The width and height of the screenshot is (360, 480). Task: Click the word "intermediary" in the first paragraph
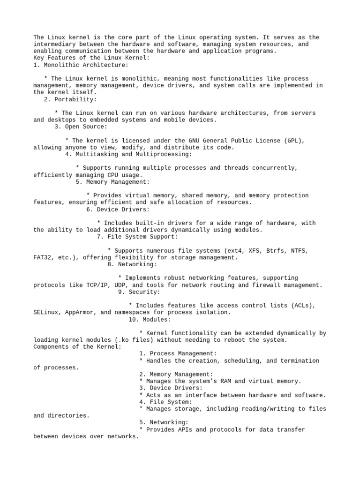[54, 44]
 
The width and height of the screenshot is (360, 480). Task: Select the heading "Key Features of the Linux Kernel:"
[91, 58]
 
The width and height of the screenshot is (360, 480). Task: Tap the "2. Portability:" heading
[70, 99]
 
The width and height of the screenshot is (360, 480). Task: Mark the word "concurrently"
[277, 168]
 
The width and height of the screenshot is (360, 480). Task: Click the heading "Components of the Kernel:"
[77, 347]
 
